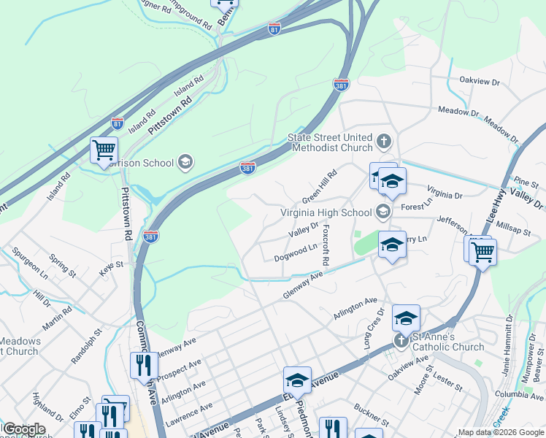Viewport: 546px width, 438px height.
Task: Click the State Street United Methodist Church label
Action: click(x=330, y=142)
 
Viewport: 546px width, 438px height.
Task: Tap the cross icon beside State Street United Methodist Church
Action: click(x=385, y=140)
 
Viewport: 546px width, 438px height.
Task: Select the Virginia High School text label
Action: click(x=326, y=213)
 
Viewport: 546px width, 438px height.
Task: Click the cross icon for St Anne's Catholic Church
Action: click(x=401, y=341)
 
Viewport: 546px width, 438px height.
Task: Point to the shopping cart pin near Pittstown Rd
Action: click(x=104, y=150)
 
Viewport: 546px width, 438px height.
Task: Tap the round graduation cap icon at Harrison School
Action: click(x=185, y=162)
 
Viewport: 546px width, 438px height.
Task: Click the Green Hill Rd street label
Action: click(x=320, y=187)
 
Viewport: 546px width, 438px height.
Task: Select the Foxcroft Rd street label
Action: click(x=326, y=245)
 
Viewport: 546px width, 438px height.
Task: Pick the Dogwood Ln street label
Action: click(x=295, y=253)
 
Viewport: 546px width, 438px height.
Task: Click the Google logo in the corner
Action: click(x=23, y=429)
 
